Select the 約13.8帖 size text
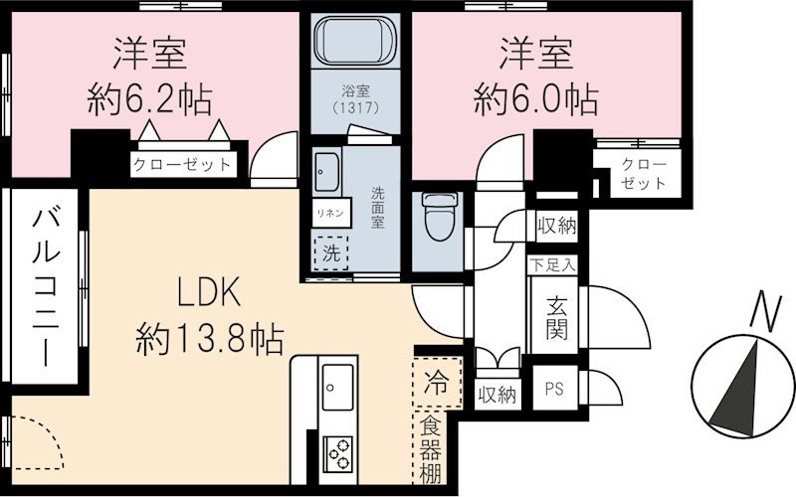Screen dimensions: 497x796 click(210, 340)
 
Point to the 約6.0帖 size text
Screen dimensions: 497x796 click(535, 98)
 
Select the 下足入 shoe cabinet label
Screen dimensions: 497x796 click(552, 265)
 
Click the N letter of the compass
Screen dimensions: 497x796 click(761, 312)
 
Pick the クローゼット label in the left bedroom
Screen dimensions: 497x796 click(183, 164)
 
